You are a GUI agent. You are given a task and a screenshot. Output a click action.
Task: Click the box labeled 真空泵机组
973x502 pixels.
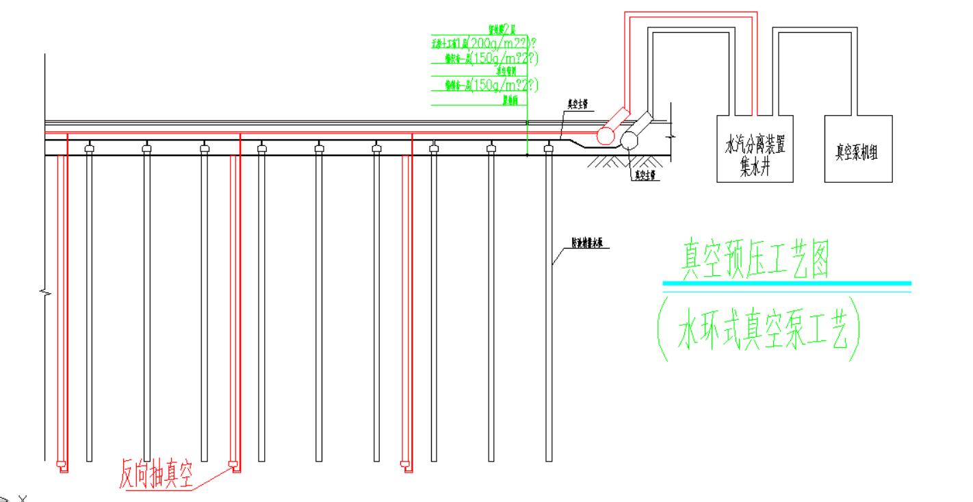858,148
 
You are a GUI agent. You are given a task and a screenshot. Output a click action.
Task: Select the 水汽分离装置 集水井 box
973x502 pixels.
754,148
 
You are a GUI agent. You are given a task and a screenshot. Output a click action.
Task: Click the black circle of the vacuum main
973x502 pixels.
629,140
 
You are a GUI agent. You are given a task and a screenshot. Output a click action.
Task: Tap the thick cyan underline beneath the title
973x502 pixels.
787,283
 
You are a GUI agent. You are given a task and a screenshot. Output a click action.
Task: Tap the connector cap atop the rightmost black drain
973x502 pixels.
548,147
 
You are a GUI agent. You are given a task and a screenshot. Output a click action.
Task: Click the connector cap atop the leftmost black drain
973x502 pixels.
89,147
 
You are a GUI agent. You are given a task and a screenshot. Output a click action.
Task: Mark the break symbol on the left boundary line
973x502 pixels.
45,292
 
